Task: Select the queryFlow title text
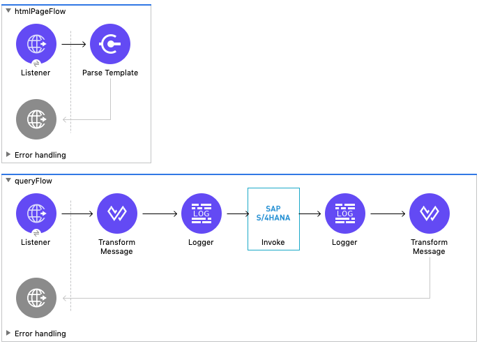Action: point(33,181)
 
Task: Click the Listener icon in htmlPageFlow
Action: point(36,44)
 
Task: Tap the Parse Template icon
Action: point(110,44)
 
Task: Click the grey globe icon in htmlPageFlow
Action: point(36,119)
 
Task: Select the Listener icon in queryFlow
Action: point(36,213)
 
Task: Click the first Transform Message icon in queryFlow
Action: point(117,213)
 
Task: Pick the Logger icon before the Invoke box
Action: point(202,213)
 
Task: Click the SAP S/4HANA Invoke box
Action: point(273,218)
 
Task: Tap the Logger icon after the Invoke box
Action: point(344,213)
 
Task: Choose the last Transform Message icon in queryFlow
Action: point(430,213)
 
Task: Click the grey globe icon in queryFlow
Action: point(36,298)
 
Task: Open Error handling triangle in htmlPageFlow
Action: point(8,155)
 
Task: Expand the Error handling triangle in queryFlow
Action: point(8,333)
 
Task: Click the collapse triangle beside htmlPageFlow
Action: point(8,12)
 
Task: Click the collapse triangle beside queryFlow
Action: point(8,181)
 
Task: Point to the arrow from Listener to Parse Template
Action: point(73,44)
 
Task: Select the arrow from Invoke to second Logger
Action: point(310,213)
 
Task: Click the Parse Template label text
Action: point(110,73)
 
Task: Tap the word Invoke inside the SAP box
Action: point(273,242)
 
